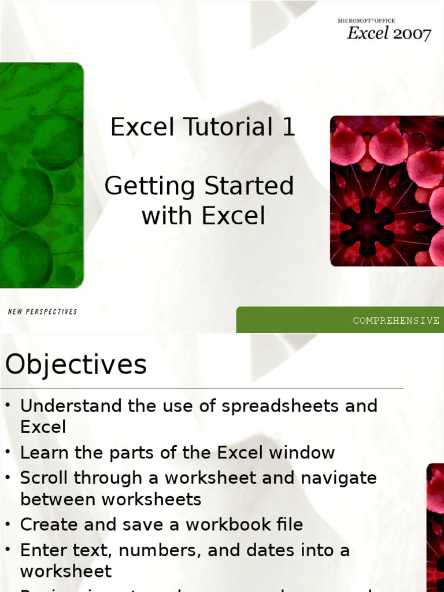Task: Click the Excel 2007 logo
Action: coord(388,34)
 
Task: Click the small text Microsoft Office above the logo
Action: coord(366,21)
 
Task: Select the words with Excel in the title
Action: coord(203,216)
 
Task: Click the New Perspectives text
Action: coord(42,312)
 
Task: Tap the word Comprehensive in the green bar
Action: coord(396,320)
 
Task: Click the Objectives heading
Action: coord(76,365)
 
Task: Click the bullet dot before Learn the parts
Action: coord(8,453)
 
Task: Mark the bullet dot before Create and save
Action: coord(8,524)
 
